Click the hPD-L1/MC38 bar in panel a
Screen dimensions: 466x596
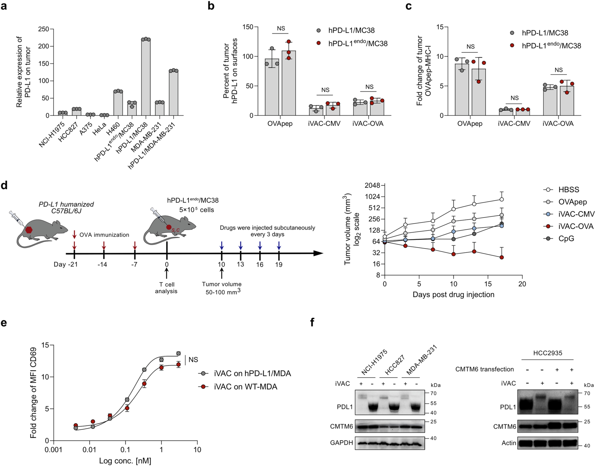tap(146, 78)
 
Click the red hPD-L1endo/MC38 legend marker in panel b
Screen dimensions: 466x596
tap(318, 43)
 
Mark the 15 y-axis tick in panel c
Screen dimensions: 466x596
tap(439, 27)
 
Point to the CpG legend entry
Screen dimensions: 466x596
tap(566, 238)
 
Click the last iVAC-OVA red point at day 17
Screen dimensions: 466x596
tap(502, 257)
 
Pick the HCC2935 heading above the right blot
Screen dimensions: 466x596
tap(547, 353)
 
